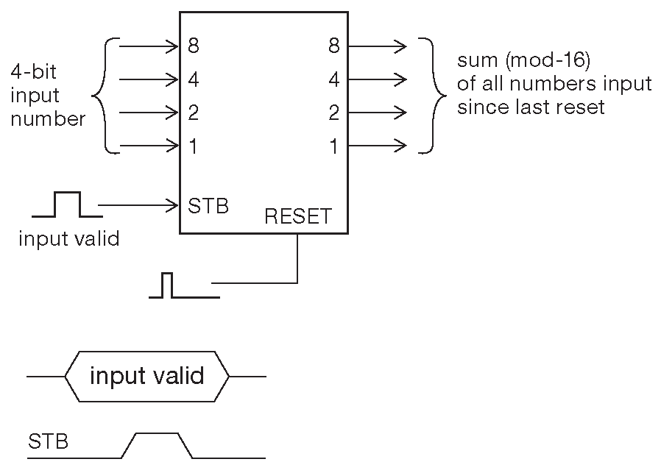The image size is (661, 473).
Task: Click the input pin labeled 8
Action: pyautogui.click(x=194, y=47)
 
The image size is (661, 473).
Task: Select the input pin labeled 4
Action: pyautogui.click(x=194, y=79)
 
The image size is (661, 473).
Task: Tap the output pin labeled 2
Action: pyautogui.click(x=333, y=113)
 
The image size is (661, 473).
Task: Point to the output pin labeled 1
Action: pyautogui.click(x=333, y=146)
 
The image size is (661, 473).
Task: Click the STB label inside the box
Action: pyautogui.click(x=208, y=205)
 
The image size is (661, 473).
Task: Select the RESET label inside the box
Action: pyautogui.click(x=298, y=217)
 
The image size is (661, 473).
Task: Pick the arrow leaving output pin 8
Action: pyautogui.click(x=377, y=47)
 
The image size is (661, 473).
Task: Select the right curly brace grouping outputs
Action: pyautogui.click(x=431, y=96)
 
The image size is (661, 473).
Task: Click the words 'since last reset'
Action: pyautogui.click(x=531, y=107)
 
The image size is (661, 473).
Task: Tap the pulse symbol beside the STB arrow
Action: pyautogui.click(x=67, y=205)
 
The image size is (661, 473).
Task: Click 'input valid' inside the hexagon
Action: pyautogui.click(x=146, y=377)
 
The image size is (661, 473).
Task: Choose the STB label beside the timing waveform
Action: pyautogui.click(x=49, y=442)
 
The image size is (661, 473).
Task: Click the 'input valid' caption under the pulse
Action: pyautogui.click(x=68, y=240)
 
